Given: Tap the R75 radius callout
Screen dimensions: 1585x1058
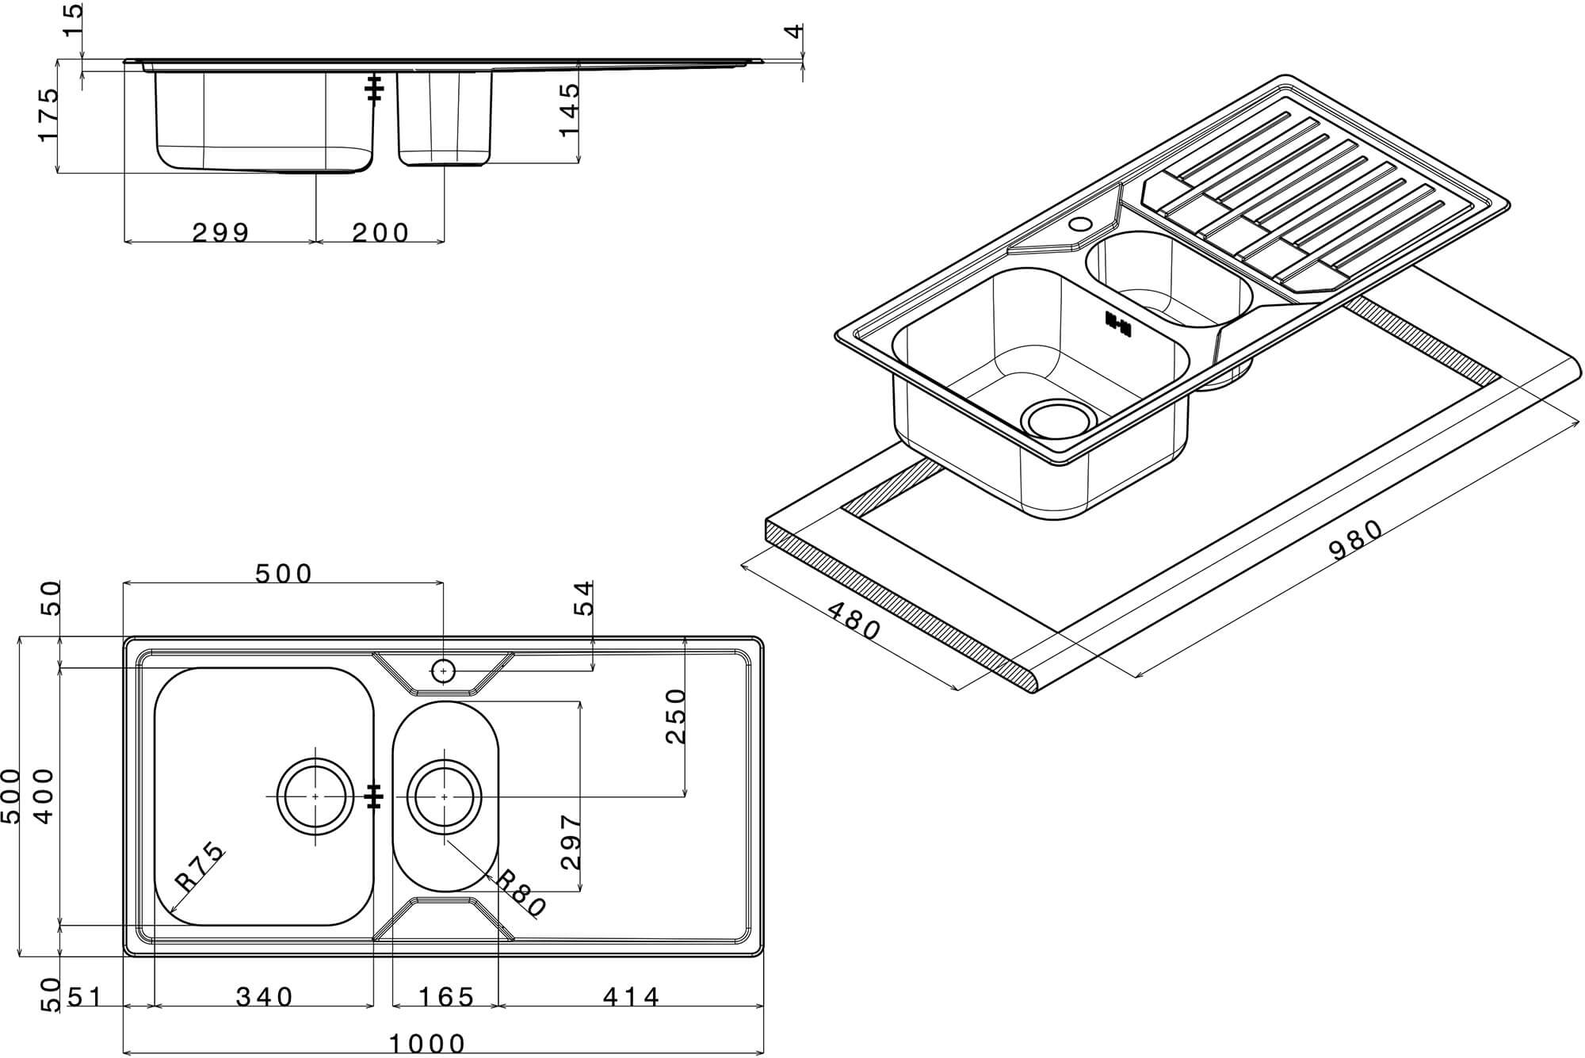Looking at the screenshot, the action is click(200, 869).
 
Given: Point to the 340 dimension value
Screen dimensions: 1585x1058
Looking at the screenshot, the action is click(265, 997).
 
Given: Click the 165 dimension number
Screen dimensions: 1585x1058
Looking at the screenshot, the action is click(447, 997).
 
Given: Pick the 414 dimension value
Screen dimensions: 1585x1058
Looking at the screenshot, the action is click(631, 997).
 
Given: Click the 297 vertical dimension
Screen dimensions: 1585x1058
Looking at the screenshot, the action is click(571, 842).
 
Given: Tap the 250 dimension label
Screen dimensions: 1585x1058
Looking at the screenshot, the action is click(675, 716).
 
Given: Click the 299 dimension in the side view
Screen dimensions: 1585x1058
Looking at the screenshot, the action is click(221, 232).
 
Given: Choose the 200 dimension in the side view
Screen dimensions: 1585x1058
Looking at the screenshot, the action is click(380, 232).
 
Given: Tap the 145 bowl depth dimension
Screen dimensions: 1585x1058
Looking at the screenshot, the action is click(570, 109).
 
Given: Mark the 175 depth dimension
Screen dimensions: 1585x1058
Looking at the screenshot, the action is click(48, 115).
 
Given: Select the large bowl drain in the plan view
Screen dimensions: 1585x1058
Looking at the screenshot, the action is click(315, 796).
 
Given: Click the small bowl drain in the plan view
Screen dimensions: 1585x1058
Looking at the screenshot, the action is click(444, 796).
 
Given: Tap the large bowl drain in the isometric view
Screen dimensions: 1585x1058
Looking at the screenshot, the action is click(1059, 418).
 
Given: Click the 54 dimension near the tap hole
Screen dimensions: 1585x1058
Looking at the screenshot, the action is click(583, 598).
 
